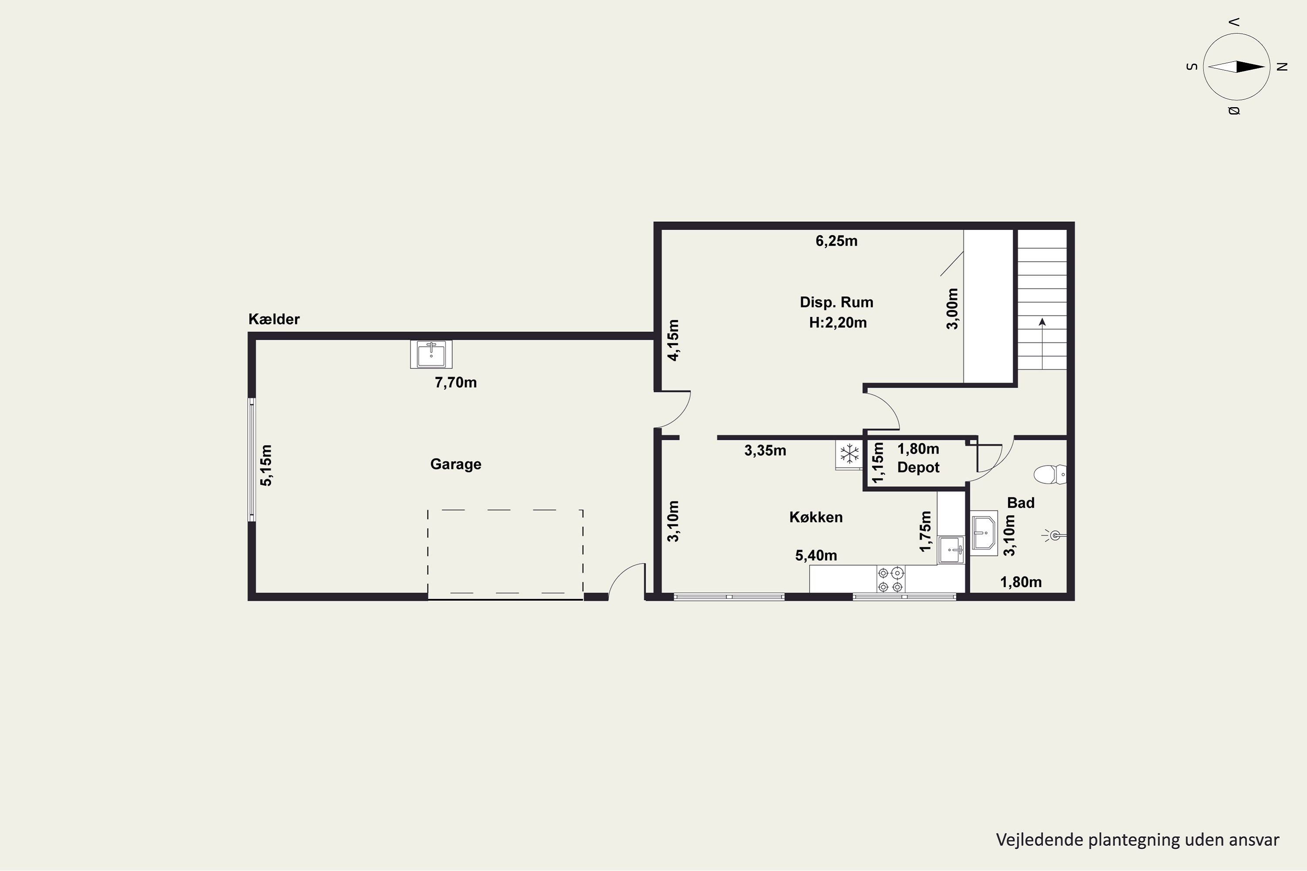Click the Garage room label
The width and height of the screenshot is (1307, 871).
[x=456, y=464]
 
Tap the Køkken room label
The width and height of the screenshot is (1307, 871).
[x=816, y=517]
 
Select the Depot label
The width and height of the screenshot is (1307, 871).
[x=918, y=468]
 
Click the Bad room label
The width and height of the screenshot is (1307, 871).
[x=1021, y=503]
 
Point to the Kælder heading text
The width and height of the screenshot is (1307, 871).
[x=274, y=319]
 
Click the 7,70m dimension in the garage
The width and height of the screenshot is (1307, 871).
[x=456, y=383]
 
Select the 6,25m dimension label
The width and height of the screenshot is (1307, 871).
[x=836, y=241]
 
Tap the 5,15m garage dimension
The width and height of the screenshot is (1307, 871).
[x=266, y=466]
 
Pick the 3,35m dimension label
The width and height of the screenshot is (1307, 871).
[x=765, y=450]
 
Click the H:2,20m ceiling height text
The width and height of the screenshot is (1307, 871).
[x=837, y=323]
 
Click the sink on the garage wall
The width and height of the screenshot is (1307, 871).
[x=431, y=354]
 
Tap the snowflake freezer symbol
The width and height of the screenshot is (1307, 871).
[x=849, y=454]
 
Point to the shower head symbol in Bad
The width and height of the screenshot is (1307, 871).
[x=1053, y=536]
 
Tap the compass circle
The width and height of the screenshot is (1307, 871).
[x=1236, y=34]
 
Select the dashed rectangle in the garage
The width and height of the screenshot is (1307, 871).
[x=505, y=510]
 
